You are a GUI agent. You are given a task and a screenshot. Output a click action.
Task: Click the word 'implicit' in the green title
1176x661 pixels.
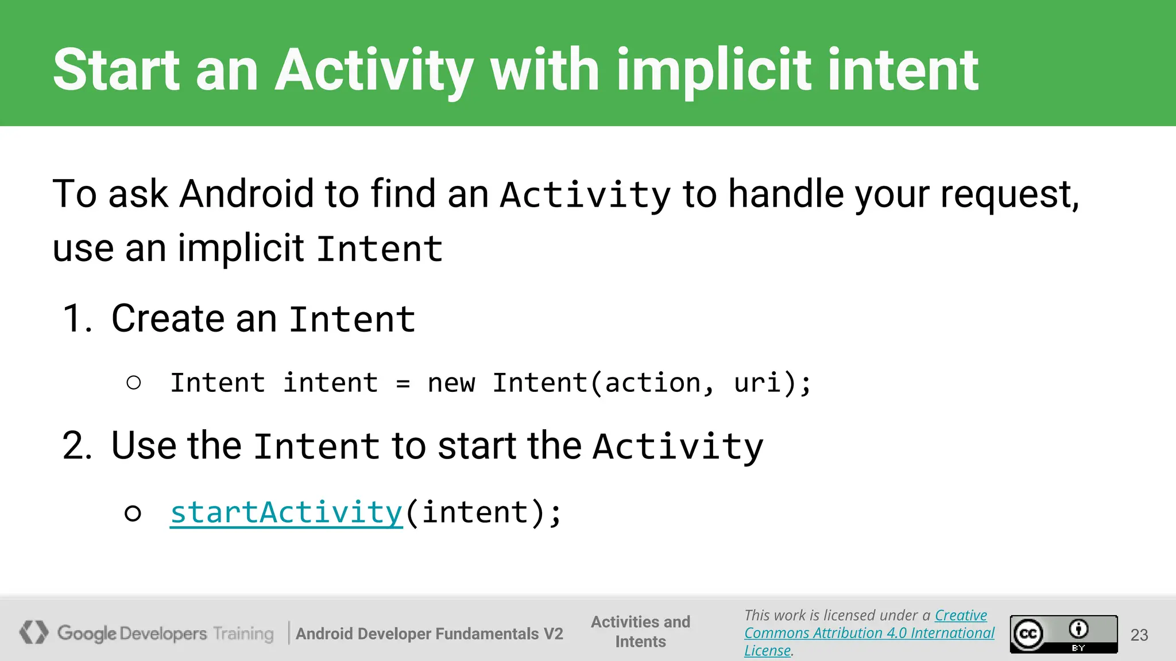click(x=714, y=71)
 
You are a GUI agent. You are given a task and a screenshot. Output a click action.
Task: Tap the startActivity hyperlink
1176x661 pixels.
click(x=286, y=512)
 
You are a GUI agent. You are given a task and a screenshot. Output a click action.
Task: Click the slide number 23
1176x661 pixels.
click(x=1139, y=635)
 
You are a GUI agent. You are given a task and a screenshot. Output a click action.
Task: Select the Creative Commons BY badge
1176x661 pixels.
click(x=1063, y=634)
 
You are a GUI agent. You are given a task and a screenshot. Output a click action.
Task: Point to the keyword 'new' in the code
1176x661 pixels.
click(x=451, y=383)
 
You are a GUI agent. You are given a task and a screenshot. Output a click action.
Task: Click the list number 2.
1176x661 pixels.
click(x=76, y=446)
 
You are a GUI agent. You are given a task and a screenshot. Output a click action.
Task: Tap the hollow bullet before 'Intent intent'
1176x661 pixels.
click(x=134, y=383)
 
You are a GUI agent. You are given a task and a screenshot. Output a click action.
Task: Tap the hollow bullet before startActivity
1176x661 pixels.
click(x=133, y=513)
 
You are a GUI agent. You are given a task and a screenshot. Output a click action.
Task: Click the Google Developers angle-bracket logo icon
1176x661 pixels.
click(x=34, y=632)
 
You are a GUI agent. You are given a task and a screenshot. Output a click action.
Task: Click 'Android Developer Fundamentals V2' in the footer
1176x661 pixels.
click(x=429, y=633)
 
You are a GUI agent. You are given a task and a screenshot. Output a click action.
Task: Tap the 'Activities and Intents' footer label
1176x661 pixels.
click(x=640, y=631)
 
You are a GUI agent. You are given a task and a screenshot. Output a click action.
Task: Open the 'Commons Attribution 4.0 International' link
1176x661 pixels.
click(x=869, y=633)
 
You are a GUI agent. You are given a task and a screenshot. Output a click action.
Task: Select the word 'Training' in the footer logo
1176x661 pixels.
click(x=243, y=633)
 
